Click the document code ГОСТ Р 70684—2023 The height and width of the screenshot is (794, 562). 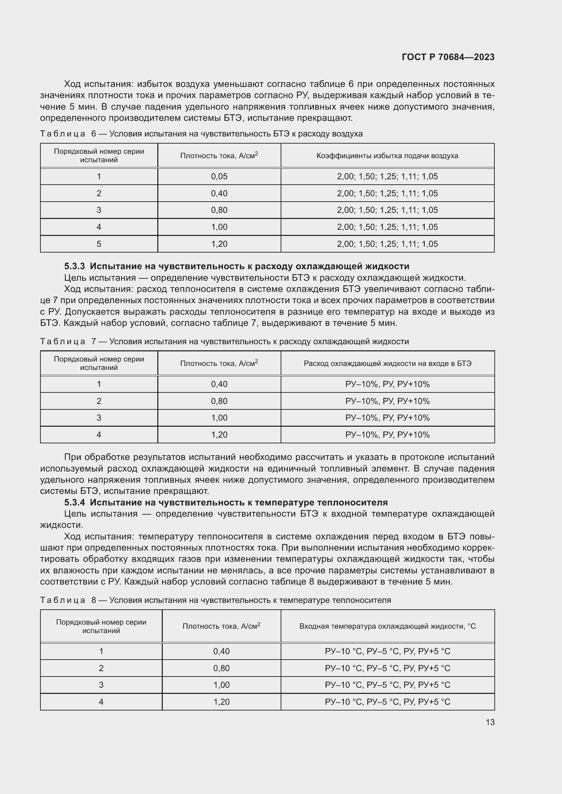(x=448, y=57)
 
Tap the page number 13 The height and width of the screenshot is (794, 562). (x=490, y=722)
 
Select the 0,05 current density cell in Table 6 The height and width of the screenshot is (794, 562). (x=219, y=177)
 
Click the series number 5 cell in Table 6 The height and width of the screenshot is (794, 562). (x=99, y=244)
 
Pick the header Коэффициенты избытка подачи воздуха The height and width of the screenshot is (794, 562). (x=387, y=155)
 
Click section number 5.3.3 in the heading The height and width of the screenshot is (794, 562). (x=74, y=266)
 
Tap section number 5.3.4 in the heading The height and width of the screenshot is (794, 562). (x=74, y=502)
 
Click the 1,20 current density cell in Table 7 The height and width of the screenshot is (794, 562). (x=219, y=435)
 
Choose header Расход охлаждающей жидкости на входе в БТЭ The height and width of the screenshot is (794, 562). (x=387, y=364)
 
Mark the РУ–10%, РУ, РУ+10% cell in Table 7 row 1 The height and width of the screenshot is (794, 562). (x=387, y=384)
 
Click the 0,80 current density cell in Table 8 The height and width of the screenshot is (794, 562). (x=221, y=668)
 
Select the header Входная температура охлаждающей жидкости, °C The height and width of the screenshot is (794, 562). (x=387, y=626)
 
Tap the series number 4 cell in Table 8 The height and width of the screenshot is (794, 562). (x=101, y=702)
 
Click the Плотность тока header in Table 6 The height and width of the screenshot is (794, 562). (x=219, y=155)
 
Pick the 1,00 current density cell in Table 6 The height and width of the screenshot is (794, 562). (x=219, y=227)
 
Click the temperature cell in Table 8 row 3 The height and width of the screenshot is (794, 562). (x=387, y=685)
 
